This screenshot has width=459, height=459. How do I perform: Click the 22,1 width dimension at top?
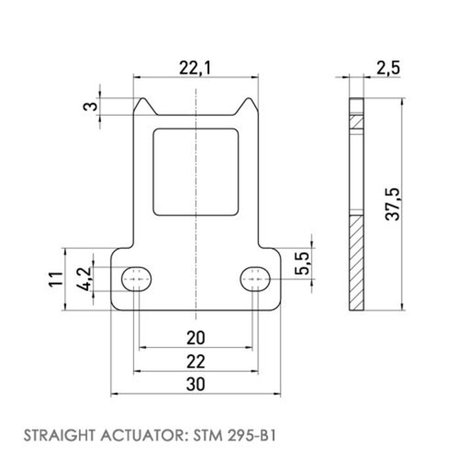pos(196,67)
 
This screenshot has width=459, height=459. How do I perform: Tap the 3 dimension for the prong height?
pos(93,105)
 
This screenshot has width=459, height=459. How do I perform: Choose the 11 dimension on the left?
pos(57,279)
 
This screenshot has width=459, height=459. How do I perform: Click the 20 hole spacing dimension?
pos(196,338)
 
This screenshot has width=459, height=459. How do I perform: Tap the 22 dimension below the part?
pos(196,361)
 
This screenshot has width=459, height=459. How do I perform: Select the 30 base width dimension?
pos(196,386)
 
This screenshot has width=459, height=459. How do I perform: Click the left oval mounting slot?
pos(137,279)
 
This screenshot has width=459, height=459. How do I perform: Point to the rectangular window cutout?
pos(196,172)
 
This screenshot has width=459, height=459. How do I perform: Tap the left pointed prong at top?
pos(142,103)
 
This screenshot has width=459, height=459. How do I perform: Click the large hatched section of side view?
pos(355,262)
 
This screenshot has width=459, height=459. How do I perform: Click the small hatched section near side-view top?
pos(355,123)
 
